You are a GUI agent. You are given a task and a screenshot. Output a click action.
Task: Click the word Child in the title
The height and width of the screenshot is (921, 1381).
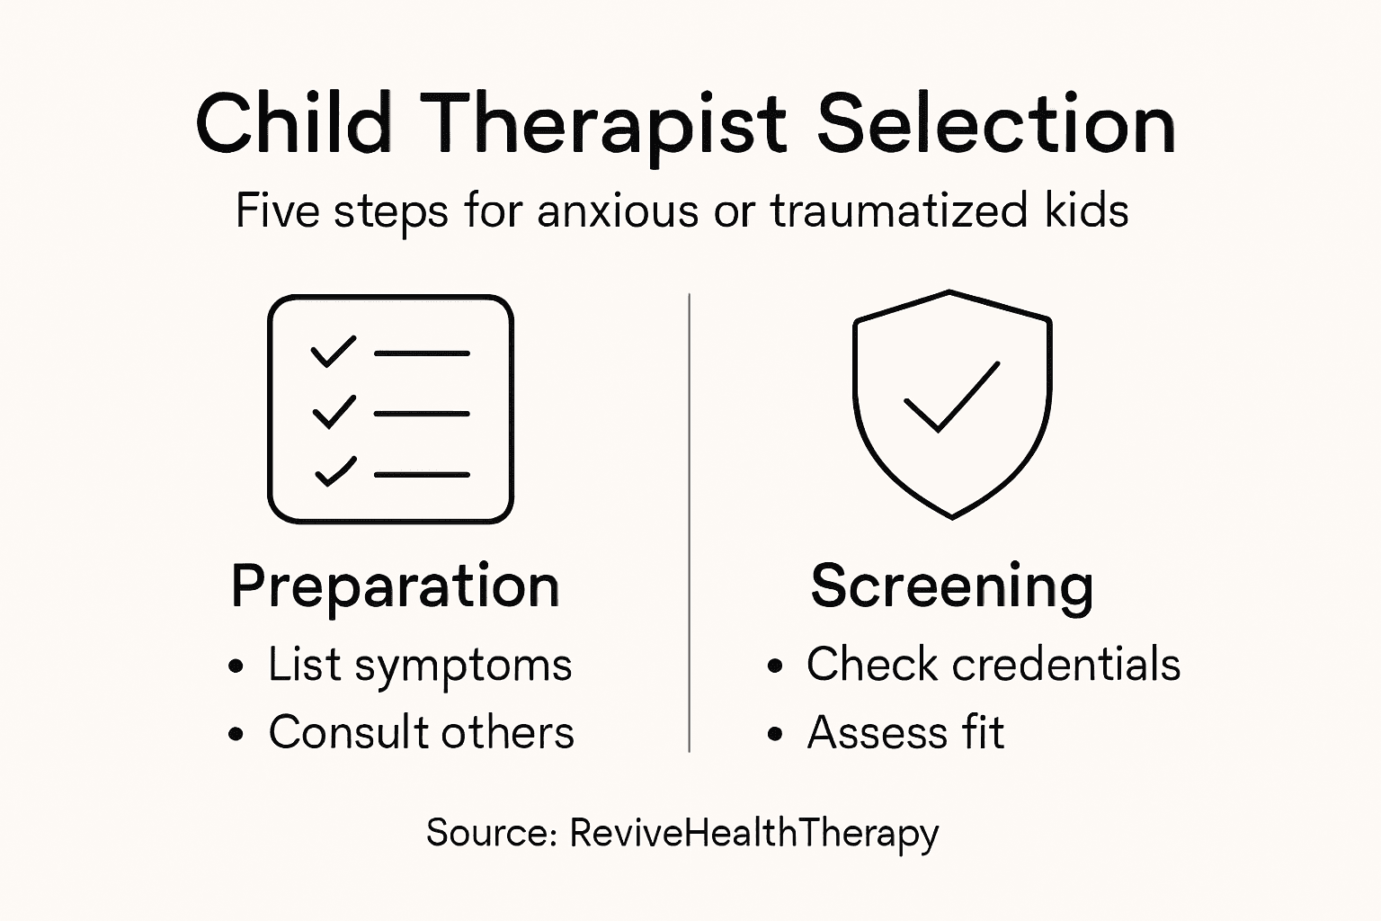(x=293, y=123)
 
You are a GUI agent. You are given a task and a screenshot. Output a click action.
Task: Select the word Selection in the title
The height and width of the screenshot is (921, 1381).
(x=995, y=123)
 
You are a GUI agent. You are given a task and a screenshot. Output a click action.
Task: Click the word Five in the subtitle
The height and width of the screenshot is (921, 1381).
(x=277, y=211)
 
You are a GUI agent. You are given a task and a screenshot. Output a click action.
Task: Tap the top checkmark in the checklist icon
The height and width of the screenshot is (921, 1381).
(x=333, y=352)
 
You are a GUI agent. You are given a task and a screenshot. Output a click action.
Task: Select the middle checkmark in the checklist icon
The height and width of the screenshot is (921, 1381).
(x=334, y=412)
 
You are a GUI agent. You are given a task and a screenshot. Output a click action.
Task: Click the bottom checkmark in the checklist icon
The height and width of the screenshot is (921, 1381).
(x=335, y=471)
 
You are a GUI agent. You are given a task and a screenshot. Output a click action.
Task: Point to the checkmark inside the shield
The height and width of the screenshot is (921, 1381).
(x=951, y=398)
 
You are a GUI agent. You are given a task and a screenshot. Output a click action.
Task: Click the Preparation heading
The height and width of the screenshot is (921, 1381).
(x=395, y=586)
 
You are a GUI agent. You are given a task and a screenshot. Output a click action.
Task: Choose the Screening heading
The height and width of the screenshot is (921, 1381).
(x=951, y=586)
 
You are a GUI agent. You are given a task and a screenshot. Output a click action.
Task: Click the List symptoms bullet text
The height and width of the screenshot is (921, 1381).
(x=420, y=666)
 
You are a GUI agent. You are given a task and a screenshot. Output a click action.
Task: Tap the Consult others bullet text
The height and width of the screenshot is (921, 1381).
(x=421, y=732)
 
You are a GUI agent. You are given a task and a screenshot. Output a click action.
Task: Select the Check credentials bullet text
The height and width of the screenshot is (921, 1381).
(x=993, y=665)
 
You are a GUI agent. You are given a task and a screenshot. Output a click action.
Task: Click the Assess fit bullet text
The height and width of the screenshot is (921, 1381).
(x=905, y=732)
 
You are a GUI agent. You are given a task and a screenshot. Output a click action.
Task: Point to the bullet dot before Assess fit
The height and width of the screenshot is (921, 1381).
(x=776, y=735)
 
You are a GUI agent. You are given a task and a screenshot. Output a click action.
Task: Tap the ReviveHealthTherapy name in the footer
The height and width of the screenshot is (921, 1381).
(x=753, y=834)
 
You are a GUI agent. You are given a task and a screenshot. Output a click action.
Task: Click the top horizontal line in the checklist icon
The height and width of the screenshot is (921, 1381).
(x=422, y=353)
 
